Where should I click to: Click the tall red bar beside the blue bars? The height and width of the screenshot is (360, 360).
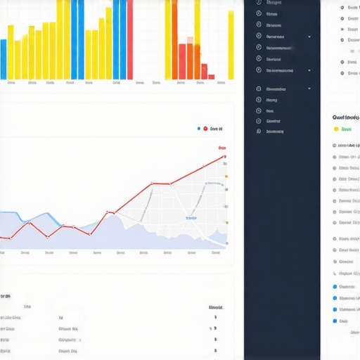[130, 39]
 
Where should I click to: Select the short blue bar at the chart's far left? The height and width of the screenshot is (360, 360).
[4, 59]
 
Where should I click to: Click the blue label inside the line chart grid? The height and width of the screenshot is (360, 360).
[191, 218]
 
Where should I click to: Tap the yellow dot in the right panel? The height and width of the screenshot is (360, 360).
[336, 129]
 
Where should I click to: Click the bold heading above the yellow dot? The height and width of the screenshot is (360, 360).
[345, 117]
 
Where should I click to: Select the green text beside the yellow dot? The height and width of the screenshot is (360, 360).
[346, 129]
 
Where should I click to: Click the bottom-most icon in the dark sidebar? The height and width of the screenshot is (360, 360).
[259, 131]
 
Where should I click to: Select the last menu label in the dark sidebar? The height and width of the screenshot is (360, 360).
[275, 131]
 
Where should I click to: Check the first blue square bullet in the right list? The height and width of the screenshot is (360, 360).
[334, 286]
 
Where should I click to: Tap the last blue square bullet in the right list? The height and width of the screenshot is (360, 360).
[334, 321]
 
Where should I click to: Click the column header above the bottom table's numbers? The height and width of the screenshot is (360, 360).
[215, 307]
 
